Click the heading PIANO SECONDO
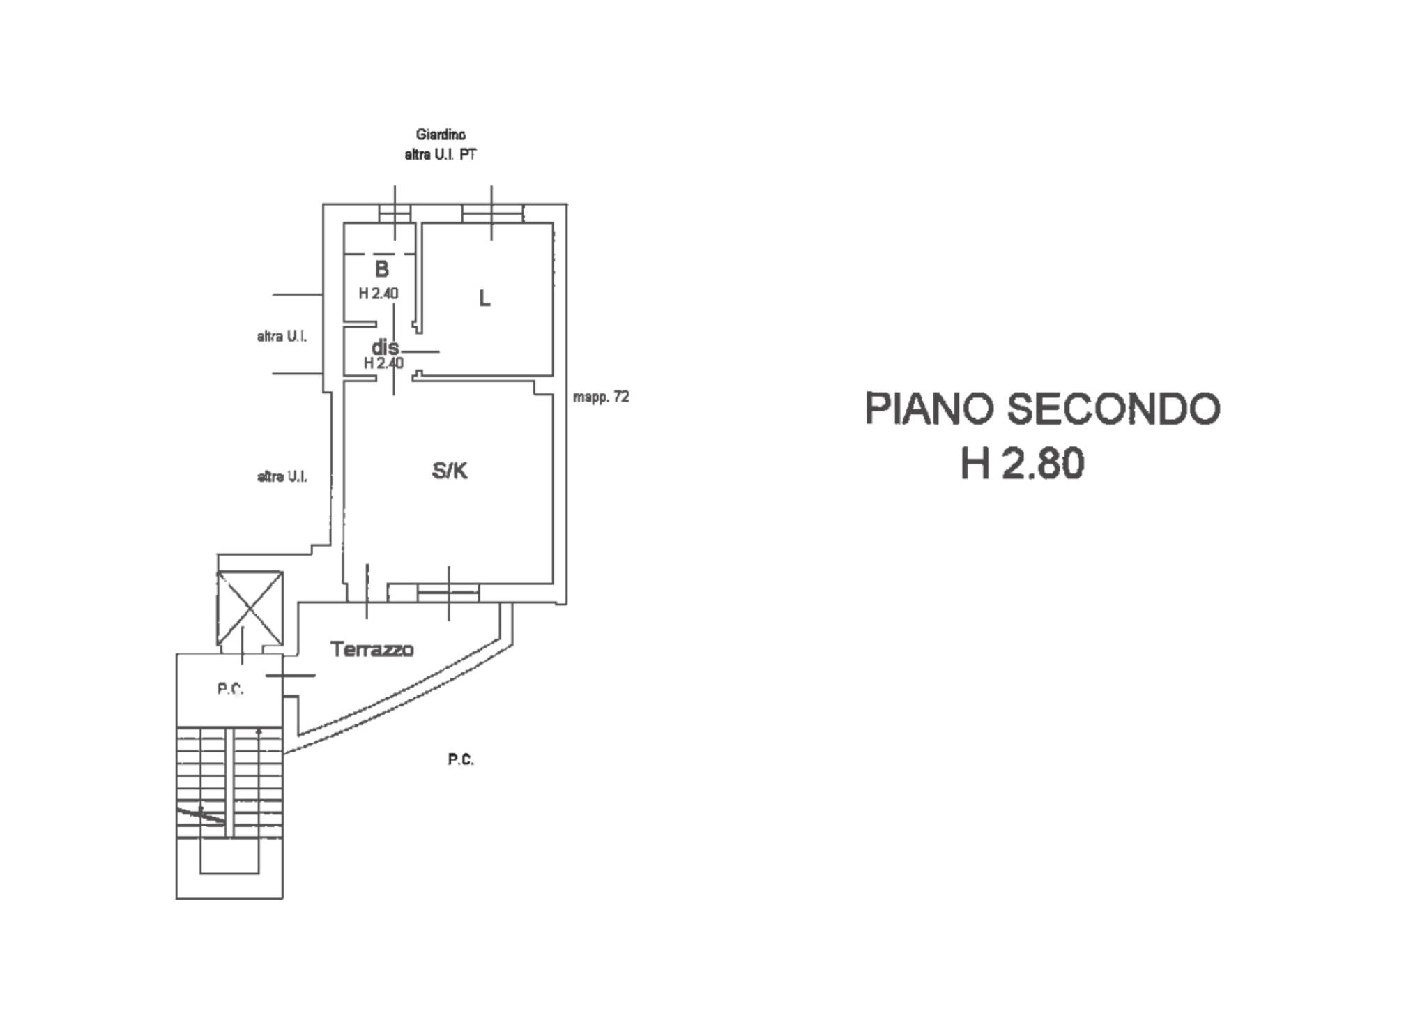1041,409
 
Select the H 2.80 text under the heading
1022,464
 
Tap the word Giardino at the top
441,135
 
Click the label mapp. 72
601,397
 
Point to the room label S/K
450,471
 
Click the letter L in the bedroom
484,299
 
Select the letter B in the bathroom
381,269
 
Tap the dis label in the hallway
385,347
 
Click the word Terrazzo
372,649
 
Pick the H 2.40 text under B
379,294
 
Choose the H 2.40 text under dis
383,363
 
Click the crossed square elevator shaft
250,608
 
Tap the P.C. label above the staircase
230,689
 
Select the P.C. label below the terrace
461,759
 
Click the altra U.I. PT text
441,155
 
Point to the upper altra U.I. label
282,337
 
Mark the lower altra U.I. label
282,477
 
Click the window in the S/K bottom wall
448,593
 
